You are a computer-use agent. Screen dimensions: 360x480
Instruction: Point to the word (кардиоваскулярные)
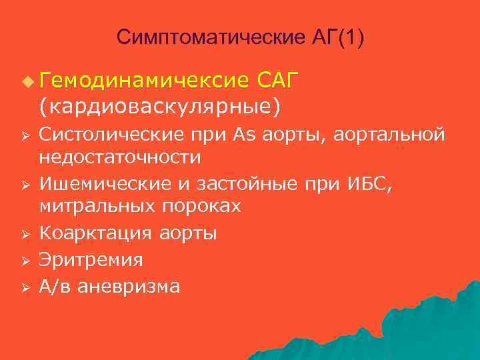160,106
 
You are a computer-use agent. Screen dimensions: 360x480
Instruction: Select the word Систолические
109,135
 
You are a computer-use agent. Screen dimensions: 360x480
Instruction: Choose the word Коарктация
97,234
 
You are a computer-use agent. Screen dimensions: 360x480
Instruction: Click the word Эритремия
91,260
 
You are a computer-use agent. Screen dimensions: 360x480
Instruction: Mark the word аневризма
129,287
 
